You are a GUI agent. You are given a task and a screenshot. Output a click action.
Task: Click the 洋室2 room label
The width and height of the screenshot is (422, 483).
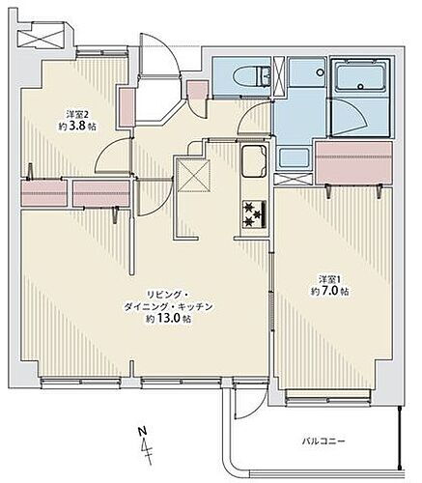[64, 110]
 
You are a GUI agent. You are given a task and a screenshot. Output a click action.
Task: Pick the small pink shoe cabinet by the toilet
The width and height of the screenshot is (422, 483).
[198, 92]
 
